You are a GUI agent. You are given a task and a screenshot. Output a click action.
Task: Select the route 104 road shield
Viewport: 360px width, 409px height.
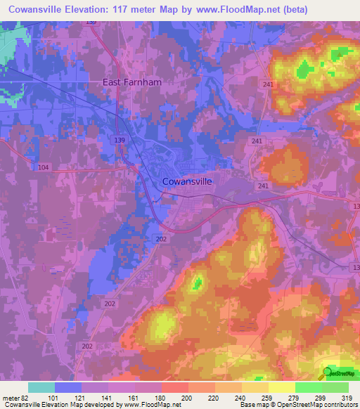tap(44, 167)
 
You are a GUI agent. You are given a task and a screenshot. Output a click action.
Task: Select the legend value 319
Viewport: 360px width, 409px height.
tap(347, 398)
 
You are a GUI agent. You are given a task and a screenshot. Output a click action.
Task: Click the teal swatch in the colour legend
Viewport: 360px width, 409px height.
tap(41, 388)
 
